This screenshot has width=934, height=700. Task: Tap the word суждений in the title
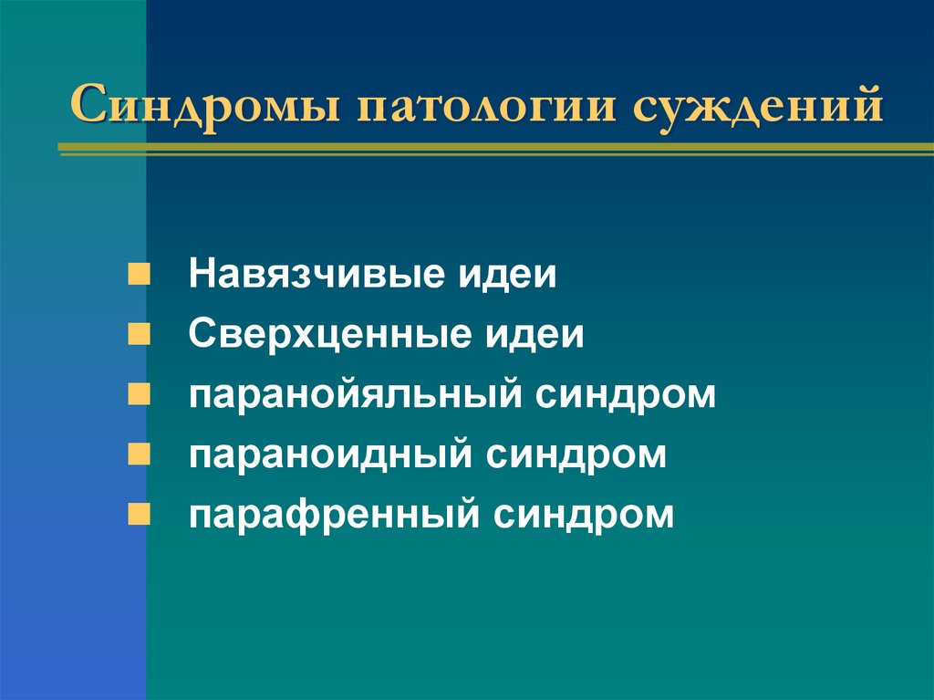(753, 106)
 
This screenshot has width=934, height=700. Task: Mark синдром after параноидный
(576, 455)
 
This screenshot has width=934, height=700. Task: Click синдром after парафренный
(585, 516)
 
